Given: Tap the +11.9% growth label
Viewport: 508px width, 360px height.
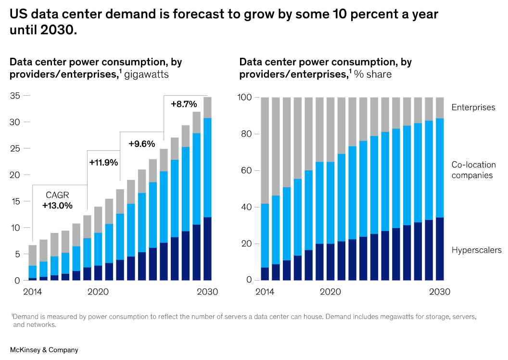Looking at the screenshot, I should click(x=103, y=162).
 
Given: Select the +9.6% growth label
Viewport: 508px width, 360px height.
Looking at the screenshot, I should click(x=141, y=143).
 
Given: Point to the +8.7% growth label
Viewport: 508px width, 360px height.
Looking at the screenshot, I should click(x=184, y=103).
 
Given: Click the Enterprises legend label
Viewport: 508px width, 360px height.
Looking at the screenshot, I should click(x=473, y=107).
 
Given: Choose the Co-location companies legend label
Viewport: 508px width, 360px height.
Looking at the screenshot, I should click(x=473, y=170).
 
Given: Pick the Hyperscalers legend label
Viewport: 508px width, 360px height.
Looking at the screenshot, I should click(x=476, y=250).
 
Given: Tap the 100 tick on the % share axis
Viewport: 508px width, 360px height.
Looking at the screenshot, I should click(x=245, y=98).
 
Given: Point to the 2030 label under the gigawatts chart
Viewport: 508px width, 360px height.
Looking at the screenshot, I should click(x=208, y=292).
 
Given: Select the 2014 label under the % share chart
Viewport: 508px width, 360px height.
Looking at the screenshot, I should click(x=265, y=292).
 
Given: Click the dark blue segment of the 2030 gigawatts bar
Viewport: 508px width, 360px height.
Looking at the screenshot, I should click(x=207, y=248).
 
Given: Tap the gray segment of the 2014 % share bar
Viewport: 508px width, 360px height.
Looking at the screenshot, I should click(x=265, y=150).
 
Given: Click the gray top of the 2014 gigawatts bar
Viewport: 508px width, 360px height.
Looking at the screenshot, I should click(x=33, y=255).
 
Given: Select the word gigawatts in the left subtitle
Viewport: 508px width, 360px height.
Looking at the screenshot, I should click(x=146, y=75).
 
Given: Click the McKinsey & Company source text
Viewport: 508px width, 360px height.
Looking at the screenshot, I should click(x=44, y=350).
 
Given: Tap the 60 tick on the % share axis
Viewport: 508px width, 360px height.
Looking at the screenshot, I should click(x=247, y=170).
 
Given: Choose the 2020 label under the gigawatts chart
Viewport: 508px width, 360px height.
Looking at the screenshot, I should click(x=98, y=292).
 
